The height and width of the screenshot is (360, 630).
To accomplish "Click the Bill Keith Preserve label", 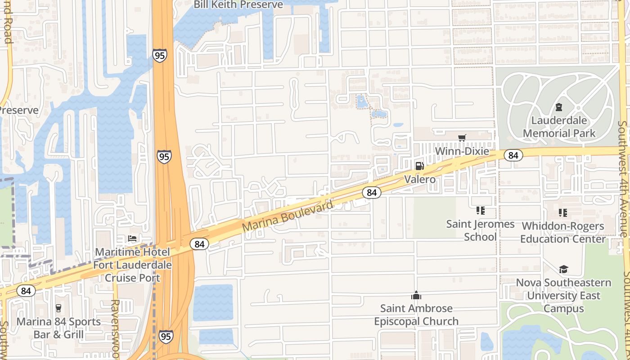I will [x=238, y=5].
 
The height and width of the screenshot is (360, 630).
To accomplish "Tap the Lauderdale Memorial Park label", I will [x=559, y=127].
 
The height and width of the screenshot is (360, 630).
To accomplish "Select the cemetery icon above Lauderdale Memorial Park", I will [x=559, y=107].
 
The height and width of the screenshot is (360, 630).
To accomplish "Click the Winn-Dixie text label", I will [x=462, y=151].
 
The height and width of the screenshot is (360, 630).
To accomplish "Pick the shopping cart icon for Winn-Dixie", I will [x=462, y=138].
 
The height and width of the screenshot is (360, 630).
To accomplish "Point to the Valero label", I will [x=419, y=180].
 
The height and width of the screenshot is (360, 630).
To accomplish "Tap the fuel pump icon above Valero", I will [x=419, y=166].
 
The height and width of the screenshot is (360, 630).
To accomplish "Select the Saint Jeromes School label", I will [x=480, y=230].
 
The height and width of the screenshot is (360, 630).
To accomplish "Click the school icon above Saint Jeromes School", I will [x=480, y=211].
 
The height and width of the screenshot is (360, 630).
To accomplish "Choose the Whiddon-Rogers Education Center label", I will [x=563, y=232].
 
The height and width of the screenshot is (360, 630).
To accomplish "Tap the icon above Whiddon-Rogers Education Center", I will [x=562, y=212].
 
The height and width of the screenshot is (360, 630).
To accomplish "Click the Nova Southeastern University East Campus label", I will [x=563, y=296].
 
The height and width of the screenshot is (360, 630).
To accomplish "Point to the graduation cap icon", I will [x=563, y=269].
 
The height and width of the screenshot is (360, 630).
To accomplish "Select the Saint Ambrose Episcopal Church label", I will [x=416, y=315].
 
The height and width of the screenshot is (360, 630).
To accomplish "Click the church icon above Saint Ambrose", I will [x=416, y=296].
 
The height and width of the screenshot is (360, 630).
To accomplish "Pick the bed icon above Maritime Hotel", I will [x=132, y=238].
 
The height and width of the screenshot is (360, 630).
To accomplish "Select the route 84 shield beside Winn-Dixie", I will [x=513, y=155].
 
